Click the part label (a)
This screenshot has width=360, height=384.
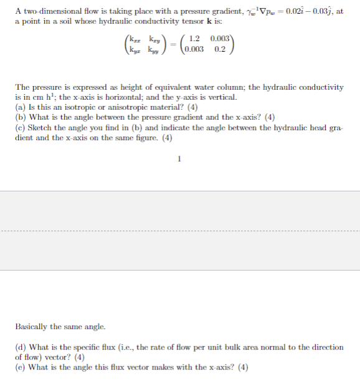click(x=20, y=107)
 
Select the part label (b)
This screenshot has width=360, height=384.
click(x=20, y=117)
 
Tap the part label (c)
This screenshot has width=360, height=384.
click(x=20, y=127)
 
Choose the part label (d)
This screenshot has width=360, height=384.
click(x=20, y=347)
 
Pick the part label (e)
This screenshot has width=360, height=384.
click(x=20, y=367)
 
